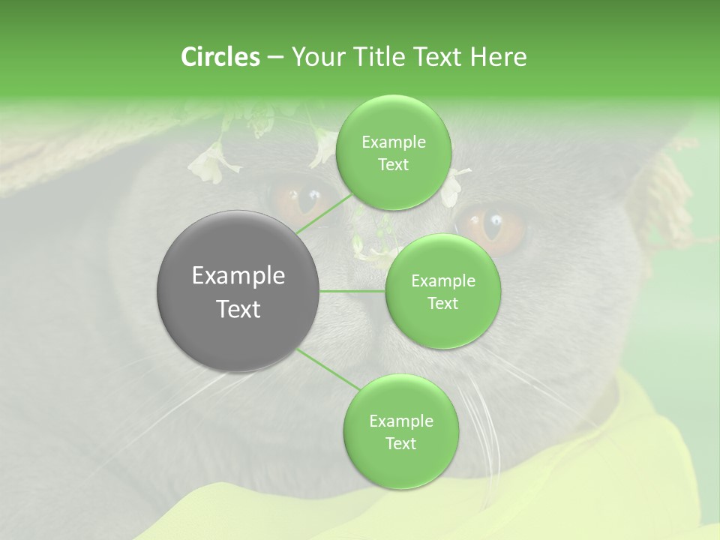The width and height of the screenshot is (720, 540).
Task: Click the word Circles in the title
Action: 220,57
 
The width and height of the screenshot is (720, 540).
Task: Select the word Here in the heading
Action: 496,57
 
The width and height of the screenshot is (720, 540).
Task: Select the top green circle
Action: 394,152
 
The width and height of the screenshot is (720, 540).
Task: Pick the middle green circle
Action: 442,291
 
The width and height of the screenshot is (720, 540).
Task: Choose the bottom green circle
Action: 400,431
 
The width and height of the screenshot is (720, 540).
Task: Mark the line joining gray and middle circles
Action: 352,291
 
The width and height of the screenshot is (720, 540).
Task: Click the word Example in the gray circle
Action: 238,275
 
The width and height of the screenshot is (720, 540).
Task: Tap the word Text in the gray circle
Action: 238,308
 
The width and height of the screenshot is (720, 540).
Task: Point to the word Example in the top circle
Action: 394,142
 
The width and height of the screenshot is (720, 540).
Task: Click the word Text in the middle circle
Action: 442,303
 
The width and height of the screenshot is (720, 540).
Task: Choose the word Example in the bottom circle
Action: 400,421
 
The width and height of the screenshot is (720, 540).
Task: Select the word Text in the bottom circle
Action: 400,443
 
